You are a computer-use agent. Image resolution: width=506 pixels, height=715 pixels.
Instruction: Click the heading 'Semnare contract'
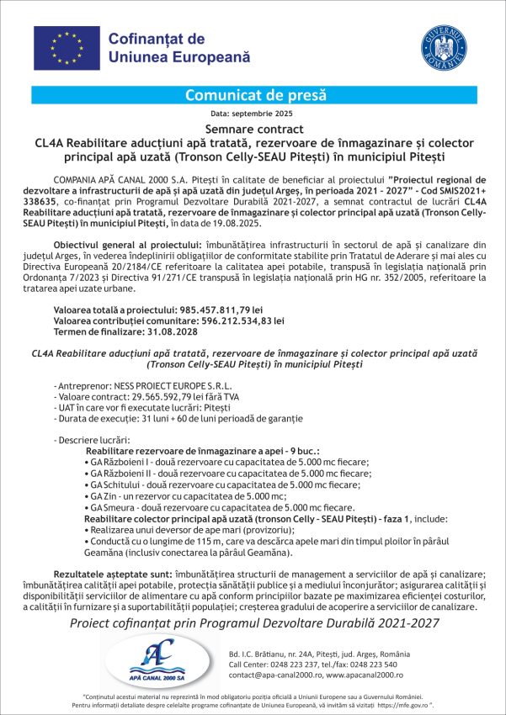253,129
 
